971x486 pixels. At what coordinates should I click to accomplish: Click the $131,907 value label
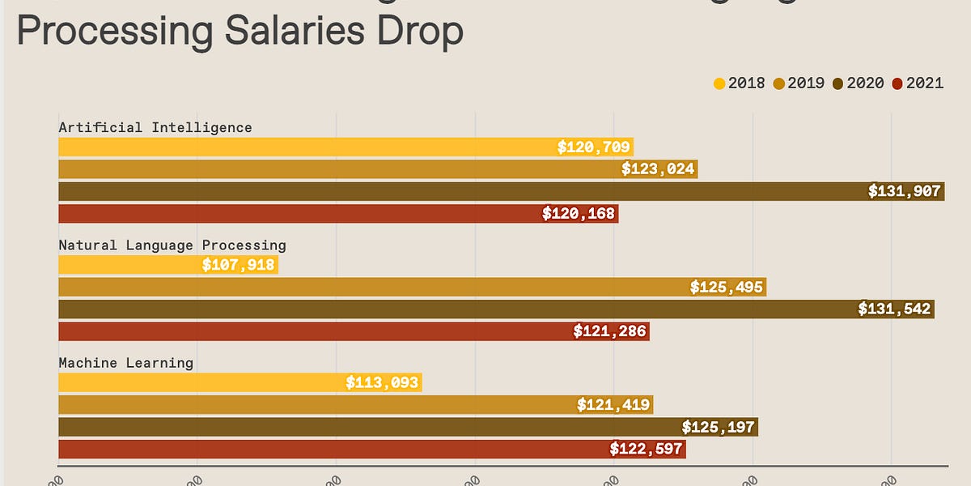click(x=904, y=192)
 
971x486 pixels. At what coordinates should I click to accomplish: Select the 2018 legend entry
click(x=739, y=83)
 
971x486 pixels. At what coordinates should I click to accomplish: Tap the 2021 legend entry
click(x=917, y=83)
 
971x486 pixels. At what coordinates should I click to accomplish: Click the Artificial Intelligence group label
click(x=155, y=127)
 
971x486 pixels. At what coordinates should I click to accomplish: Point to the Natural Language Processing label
click(x=172, y=245)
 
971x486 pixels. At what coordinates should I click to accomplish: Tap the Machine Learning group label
click(x=126, y=362)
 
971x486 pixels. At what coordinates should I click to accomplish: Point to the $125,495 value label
click(x=726, y=288)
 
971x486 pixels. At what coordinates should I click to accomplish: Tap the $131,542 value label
click(x=894, y=309)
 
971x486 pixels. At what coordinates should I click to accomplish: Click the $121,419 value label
click(x=613, y=405)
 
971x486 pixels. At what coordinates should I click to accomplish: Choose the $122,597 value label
click(x=647, y=449)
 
